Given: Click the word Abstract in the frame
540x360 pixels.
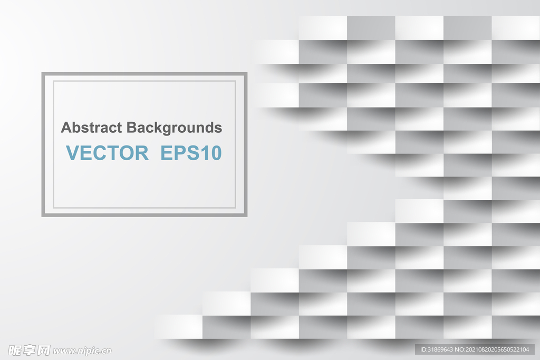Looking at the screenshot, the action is [91, 128].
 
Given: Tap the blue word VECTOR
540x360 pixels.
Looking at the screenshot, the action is [107, 153].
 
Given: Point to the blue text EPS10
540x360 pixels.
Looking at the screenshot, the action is [191, 153].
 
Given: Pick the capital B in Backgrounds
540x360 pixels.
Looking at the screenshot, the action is [132, 128].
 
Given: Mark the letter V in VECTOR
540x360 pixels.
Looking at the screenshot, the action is [73, 153].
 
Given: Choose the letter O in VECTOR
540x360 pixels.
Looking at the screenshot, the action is [126, 153].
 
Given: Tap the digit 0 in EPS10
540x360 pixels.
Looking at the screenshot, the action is [215, 153].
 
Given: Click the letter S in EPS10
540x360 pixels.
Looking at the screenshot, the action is [191, 153].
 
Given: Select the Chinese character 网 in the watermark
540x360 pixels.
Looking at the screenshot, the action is [43, 351].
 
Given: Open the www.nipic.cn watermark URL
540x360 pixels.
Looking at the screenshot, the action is [82, 352].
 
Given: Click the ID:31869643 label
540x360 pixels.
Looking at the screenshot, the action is [436, 349].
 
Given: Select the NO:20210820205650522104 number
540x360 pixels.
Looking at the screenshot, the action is [492, 349].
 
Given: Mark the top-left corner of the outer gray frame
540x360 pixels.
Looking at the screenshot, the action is [42, 72].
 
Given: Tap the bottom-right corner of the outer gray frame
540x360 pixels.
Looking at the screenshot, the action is [247, 216].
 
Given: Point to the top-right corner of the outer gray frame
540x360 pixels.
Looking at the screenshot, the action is [247, 72].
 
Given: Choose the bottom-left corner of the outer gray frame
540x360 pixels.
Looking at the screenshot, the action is [42, 216].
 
